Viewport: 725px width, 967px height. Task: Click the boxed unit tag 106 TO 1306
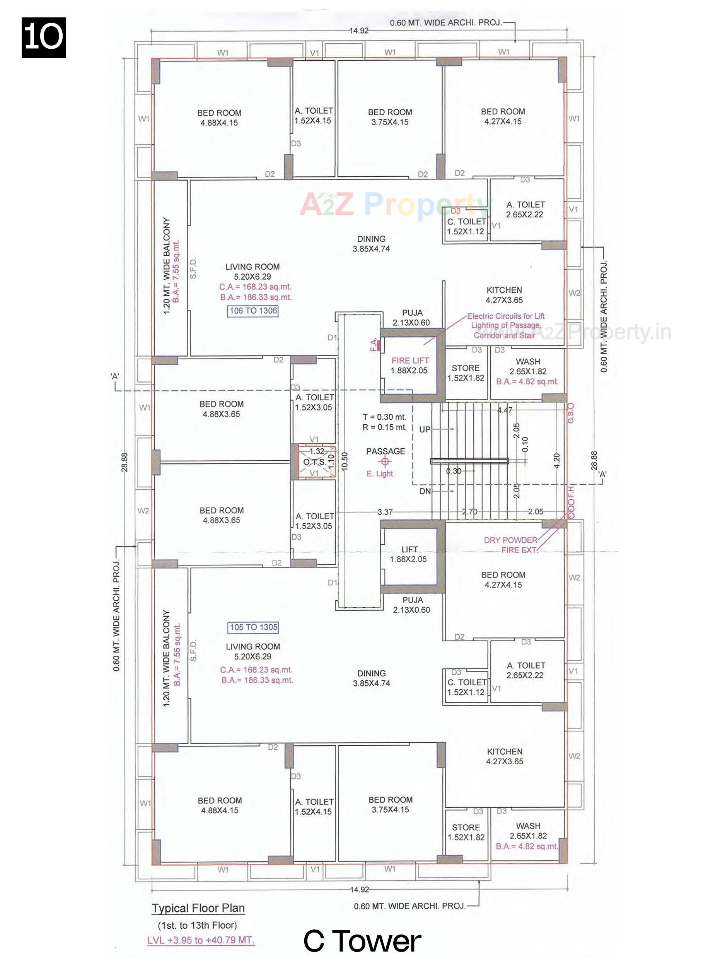click(252, 311)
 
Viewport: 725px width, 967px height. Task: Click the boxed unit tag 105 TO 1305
click(254, 627)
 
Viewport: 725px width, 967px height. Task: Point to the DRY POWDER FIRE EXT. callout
click(510, 545)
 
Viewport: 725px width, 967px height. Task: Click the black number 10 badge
click(44, 38)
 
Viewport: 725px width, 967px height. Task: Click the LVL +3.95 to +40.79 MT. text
click(201, 940)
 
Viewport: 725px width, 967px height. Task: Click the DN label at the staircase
click(425, 491)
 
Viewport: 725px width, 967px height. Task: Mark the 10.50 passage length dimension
click(345, 461)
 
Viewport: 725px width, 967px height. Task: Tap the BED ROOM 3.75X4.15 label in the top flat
click(389, 117)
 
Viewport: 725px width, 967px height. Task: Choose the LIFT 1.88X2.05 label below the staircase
click(409, 554)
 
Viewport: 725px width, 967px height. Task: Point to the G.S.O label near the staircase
click(571, 413)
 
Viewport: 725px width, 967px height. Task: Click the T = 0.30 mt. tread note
click(384, 417)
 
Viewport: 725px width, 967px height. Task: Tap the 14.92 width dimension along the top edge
click(358, 31)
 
